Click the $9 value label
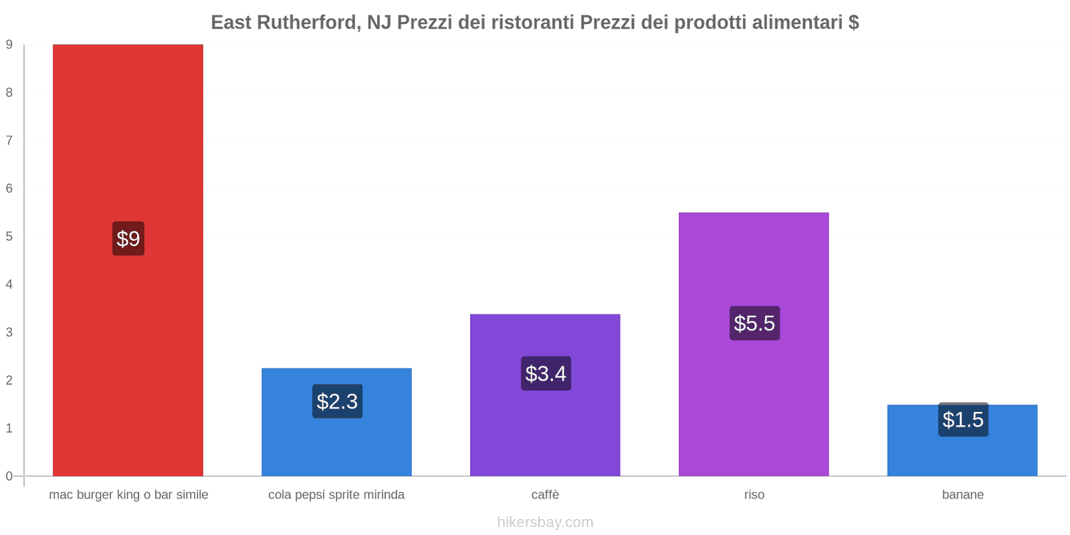click(x=128, y=239)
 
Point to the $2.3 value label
click(x=337, y=401)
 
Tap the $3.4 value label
click(x=546, y=374)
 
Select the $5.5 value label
click(x=754, y=323)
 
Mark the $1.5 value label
click(x=963, y=420)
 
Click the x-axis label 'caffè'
click(x=545, y=495)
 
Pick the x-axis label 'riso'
click(x=754, y=495)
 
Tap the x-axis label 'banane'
click(x=962, y=495)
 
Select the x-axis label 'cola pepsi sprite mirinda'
click(x=336, y=495)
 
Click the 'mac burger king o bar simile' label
click(x=128, y=495)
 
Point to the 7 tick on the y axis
click(x=9, y=140)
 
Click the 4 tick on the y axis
click(x=9, y=284)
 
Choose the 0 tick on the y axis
click(x=9, y=476)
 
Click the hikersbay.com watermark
click(x=545, y=522)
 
